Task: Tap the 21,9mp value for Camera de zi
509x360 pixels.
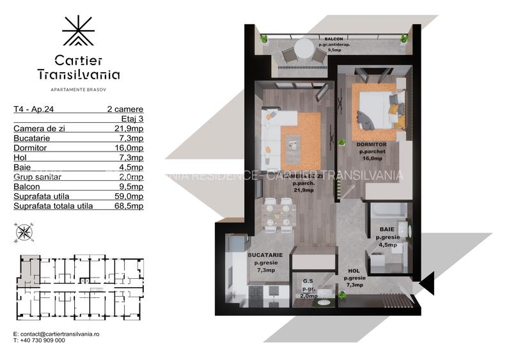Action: point(130,128)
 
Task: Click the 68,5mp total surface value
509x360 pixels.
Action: point(130,206)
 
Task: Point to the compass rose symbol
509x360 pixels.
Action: point(24,231)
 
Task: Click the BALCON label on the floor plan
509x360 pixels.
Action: point(333,39)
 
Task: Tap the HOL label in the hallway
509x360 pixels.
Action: point(354,270)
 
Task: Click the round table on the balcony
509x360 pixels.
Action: point(304,49)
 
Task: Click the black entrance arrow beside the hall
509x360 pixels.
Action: point(427,282)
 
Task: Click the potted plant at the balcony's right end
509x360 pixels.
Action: point(404,38)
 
